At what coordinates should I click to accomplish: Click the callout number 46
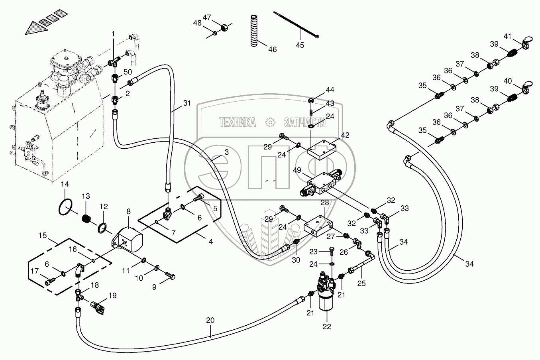(272, 50)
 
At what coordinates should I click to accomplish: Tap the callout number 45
(300, 45)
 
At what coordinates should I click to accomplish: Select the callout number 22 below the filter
(327, 327)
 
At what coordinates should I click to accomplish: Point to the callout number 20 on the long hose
(210, 320)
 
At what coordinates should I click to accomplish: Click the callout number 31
(187, 103)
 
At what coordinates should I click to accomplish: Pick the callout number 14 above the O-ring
(65, 184)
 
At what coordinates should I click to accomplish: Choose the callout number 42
(345, 135)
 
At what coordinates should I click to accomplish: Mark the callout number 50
(128, 72)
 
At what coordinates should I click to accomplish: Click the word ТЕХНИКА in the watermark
(238, 123)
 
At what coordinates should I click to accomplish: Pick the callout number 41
(507, 36)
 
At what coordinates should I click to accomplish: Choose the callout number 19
(112, 295)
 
